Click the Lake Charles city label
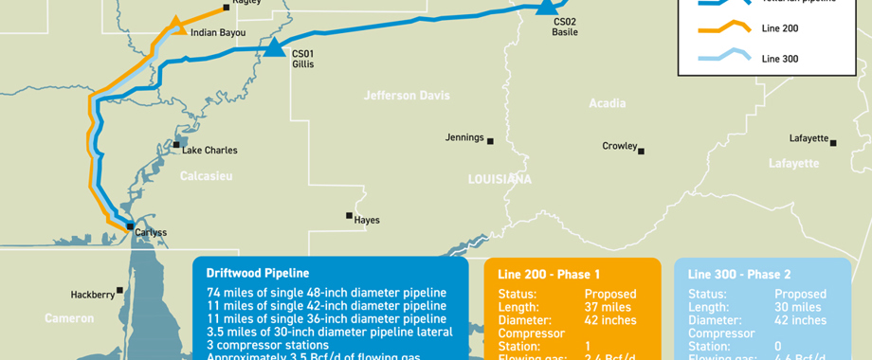click(209, 150)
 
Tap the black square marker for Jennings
click(490, 141)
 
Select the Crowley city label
click(620, 146)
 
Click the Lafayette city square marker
click(834, 143)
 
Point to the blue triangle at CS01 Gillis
click(274, 47)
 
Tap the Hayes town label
click(367, 220)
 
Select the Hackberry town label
click(92, 295)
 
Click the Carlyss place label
click(151, 232)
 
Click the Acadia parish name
click(607, 103)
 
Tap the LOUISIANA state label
click(500, 179)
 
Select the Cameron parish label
click(70, 319)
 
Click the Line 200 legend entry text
click(780, 28)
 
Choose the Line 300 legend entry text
click(780, 59)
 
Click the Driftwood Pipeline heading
click(258, 273)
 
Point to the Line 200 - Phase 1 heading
click(549, 274)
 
